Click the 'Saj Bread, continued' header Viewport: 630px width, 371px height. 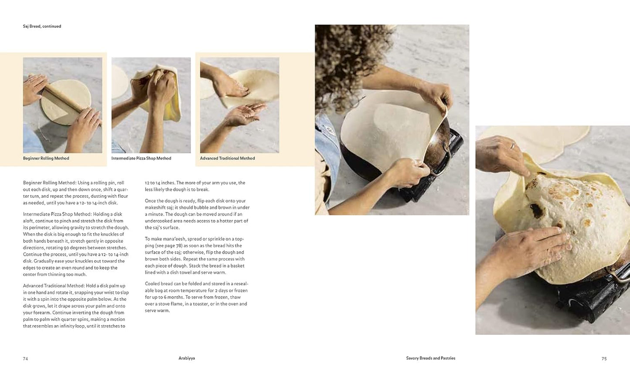coord(42,26)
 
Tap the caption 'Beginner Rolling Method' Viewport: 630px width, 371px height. coord(46,158)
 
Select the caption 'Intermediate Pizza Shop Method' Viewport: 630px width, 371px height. coord(141,158)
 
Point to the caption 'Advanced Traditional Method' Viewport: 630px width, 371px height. coord(227,158)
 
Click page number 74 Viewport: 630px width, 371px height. coord(25,359)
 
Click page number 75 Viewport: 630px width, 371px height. coord(604,359)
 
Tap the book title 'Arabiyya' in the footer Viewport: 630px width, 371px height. coord(187,358)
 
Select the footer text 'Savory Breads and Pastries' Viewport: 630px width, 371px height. coord(431,358)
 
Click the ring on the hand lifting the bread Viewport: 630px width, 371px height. coord(513,145)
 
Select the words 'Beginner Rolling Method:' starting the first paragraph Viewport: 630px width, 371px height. coord(50,183)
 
